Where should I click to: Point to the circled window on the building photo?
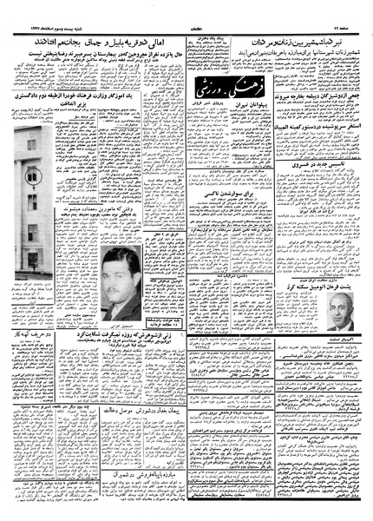click(x=34, y=176)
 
